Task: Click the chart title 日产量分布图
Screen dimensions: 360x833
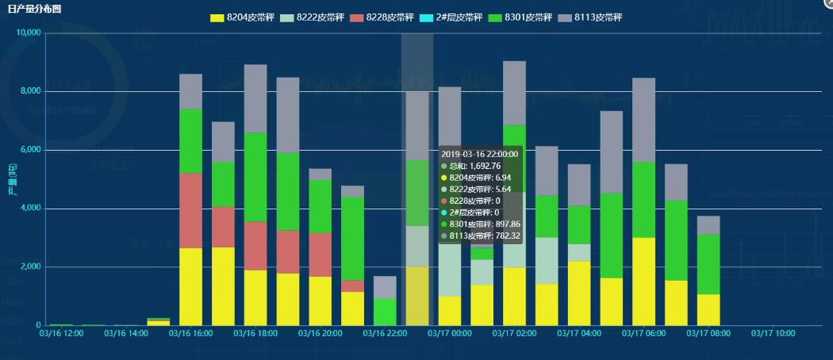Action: [34, 8]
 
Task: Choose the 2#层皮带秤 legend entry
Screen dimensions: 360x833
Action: [454, 17]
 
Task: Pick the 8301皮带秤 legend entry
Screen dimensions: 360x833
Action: [524, 17]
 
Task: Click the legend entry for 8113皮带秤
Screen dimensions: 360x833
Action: [593, 17]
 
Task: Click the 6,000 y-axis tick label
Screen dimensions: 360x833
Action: [30, 150]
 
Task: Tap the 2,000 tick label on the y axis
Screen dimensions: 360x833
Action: [30, 267]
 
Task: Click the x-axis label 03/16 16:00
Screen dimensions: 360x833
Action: [191, 334]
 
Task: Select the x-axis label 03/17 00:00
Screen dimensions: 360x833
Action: [450, 334]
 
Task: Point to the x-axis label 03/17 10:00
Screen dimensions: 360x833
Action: [773, 334]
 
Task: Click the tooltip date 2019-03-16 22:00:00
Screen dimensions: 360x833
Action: [479, 154]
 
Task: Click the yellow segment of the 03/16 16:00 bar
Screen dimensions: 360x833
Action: [191, 286]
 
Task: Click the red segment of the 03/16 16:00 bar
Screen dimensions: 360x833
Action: [191, 210]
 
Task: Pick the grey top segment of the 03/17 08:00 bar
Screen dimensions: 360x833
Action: [708, 225]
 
